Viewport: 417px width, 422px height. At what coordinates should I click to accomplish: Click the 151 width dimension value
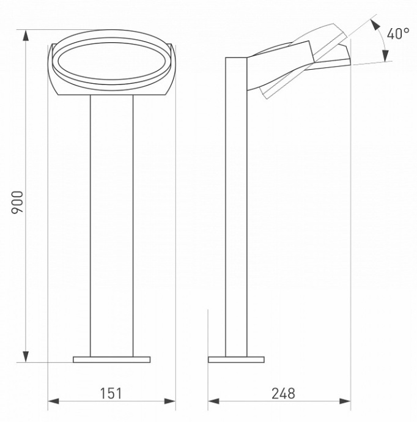pyautogui.click(x=111, y=393)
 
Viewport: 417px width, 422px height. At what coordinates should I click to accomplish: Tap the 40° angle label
pyautogui.click(x=398, y=33)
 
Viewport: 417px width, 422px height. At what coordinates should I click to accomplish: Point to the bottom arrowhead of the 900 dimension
pyautogui.click(x=25, y=356)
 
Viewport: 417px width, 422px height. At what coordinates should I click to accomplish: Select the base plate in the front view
pyautogui.click(x=111, y=359)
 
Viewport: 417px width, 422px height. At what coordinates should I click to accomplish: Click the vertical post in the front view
pyautogui.click(x=111, y=226)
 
